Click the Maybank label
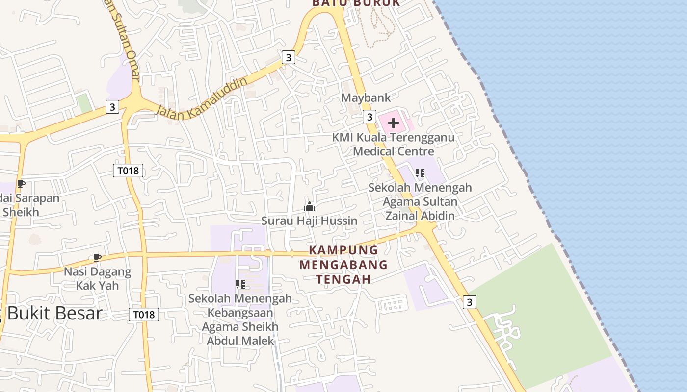click(366, 98)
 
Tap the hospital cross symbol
click(394, 123)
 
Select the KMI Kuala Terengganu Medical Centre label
click(393, 144)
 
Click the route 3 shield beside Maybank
click(370, 117)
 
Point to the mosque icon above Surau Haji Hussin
click(309, 206)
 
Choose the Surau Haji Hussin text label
click(309, 220)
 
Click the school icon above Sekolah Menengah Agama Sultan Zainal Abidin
click(420, 173)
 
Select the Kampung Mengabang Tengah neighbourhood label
click(343, 265)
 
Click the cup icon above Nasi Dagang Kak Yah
click(97, 257)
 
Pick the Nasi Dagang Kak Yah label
click(98, 278)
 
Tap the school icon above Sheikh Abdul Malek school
click(240, 284)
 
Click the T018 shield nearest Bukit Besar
click(144, 315)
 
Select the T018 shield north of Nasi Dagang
click(128, 171)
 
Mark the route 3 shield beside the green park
click(470, 302)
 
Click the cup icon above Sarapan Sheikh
click(21, 184)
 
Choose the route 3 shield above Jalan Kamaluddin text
click(288, 57)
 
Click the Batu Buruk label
click(356, 3)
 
